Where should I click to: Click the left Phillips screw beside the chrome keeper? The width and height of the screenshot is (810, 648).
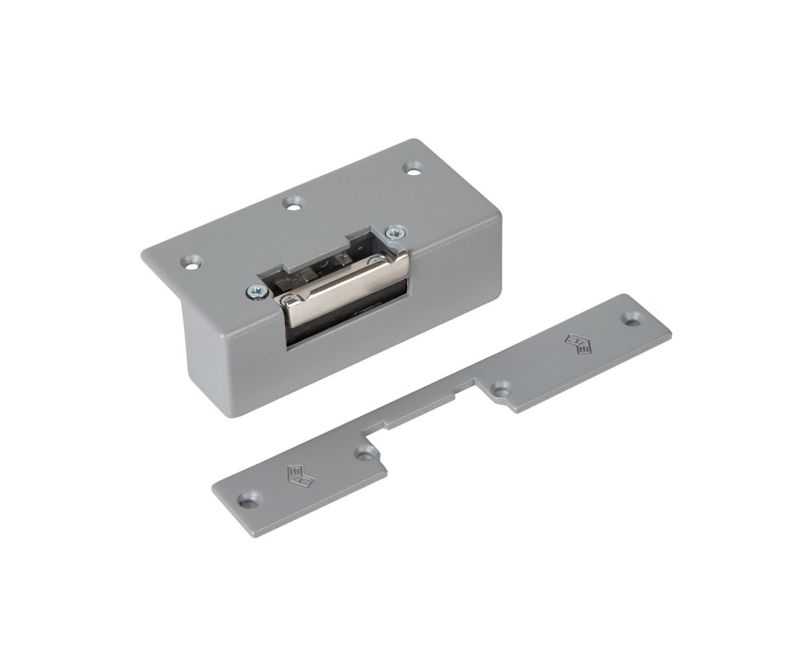(254, 292)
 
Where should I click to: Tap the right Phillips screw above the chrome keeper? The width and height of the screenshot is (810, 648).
(393, 233)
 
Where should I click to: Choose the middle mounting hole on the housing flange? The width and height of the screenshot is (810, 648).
(294, 205)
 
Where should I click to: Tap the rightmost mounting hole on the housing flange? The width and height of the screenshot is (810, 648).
(411, 168)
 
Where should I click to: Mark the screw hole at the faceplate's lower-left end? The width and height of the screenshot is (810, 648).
(248, 499)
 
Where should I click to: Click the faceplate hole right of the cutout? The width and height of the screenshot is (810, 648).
(500, 389)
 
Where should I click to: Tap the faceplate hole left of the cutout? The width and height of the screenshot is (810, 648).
(365, 453)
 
